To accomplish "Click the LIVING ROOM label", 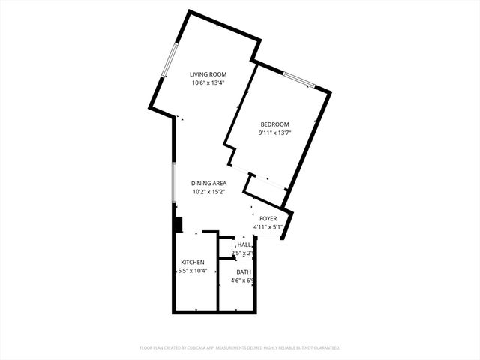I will point(208,74).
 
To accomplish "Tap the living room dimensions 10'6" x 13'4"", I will point(208,83).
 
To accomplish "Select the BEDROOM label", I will point(274,124).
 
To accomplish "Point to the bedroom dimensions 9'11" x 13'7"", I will point(274,133).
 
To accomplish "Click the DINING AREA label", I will point(208,183).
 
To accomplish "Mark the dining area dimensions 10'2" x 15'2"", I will point(208,192).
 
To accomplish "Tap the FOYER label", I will point(268,219).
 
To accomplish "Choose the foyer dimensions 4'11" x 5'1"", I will point(268,227).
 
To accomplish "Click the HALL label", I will point(244,245).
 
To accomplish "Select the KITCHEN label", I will point(192,262).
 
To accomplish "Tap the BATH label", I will point(244,272).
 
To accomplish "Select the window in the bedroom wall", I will point(298,79).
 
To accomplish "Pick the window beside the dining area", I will point(174,181).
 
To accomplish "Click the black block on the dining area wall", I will point(178,224).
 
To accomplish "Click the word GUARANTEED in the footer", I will point(325,348).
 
